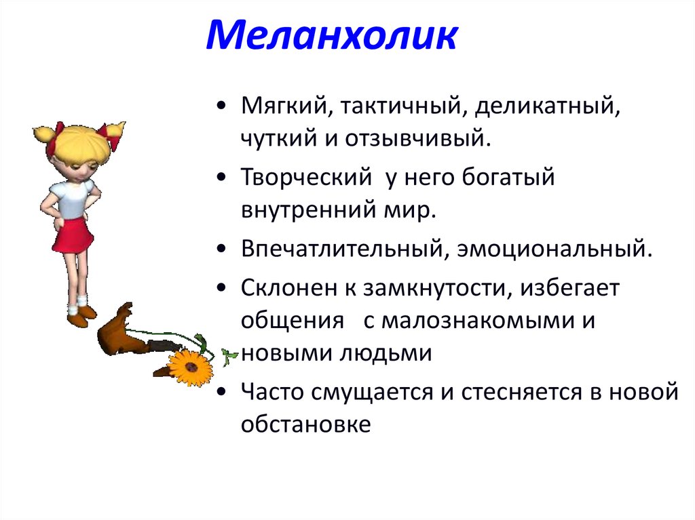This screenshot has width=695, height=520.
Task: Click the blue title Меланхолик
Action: (x=331, y=35)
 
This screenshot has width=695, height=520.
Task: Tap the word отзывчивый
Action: (x=418, y=138)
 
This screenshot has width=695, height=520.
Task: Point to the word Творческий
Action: (x=306, y=178)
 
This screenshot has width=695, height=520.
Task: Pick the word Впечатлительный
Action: (x=342, y=249)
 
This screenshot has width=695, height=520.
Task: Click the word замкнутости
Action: (x=435, y=288)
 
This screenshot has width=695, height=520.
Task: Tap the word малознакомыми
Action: (x=477, y=321)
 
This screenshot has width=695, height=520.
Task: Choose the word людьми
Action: (x=386, y=353)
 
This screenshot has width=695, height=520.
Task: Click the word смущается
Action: (x=371, y=392)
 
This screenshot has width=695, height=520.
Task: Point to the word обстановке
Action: (x=306, y=424)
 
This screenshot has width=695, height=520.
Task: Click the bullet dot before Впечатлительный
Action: (x=222, y=249)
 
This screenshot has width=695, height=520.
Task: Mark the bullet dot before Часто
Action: (x=222, y=392)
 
